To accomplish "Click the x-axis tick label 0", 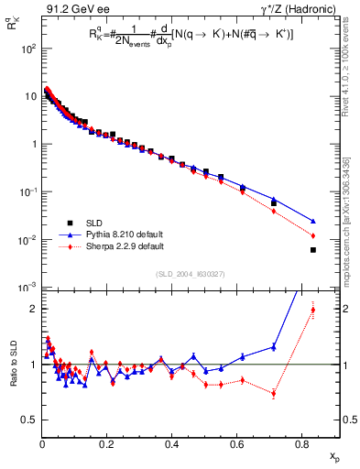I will pyautogui.click(x=42, y=444).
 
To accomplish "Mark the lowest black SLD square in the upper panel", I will pyautogui.click(x=313, y=250).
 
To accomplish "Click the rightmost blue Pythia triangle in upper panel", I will pyautogui.click(x=313, y=221).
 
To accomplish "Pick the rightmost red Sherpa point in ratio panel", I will pyautogui.click(x=313, y=310).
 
